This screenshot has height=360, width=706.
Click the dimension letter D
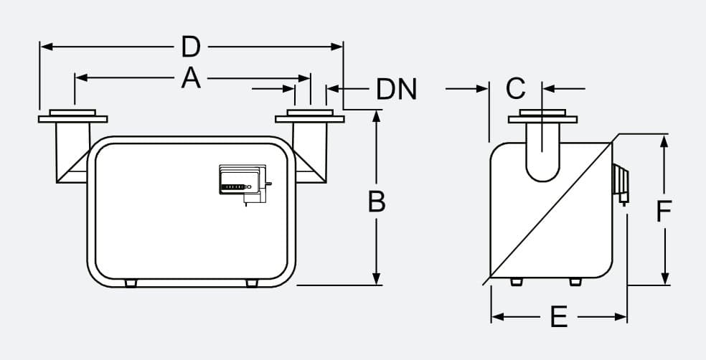[x=190, y=47]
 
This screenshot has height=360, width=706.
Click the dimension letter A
[x=190, y=77]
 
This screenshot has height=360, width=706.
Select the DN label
[x=397, y=90]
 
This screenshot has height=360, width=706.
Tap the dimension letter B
[x=377, y=202]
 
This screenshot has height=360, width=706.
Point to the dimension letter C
[x=515, y=89]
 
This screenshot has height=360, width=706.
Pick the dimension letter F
[x=665, y=211]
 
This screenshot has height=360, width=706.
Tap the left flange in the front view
[x=72, y=116]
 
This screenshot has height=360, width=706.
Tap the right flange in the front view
[x=310, y=116]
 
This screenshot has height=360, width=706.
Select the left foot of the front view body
[x=130, y=283]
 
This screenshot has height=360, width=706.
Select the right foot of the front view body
[x=251, y=283]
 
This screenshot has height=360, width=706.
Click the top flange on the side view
[x=542, y=117]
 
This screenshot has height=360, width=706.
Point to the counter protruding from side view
[x=621, y=182]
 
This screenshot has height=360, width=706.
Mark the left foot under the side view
[x=516, y=282]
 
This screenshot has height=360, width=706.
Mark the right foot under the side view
[x=575, y=282]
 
